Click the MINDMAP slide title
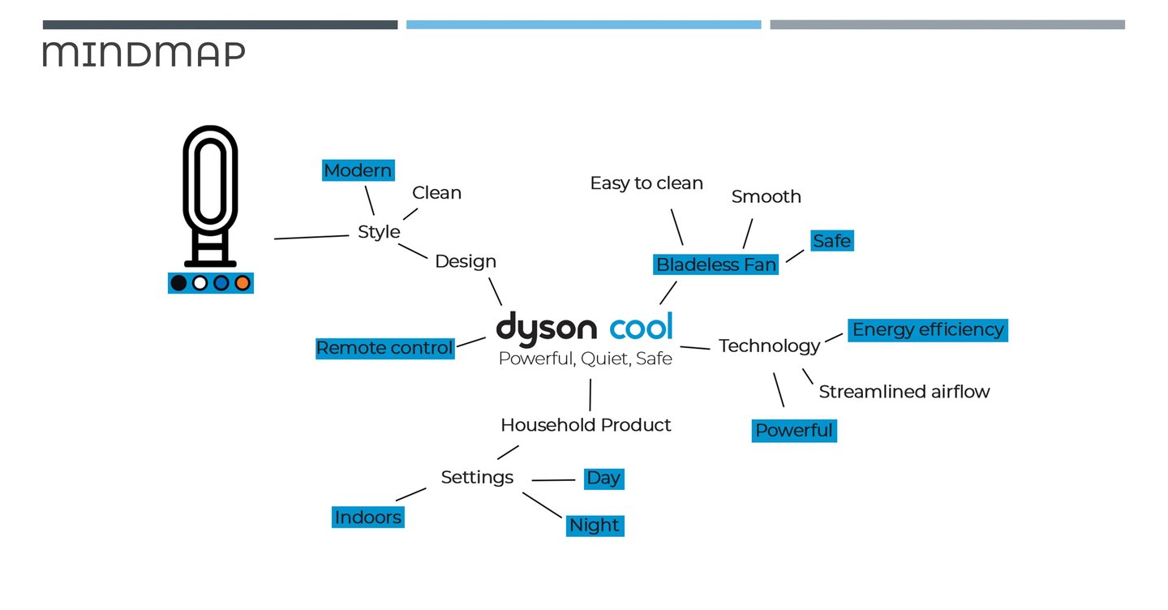pos(144,54)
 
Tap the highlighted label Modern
pos(358,170)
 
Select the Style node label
pos(379,232)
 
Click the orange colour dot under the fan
pos(241,283)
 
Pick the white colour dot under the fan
pos(200,283)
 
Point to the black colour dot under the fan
pos(179,283)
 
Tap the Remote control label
pos(384,348)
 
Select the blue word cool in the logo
pos(641,327)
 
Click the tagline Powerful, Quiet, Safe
pos(585,359)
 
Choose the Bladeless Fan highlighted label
pos(716,264)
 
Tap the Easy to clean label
pos(646,183)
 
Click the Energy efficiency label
pos(928,329)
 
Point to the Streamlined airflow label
pos(904,392)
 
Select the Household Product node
pos(586,425)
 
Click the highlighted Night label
pos(595,526)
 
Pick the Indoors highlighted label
pos(367,518)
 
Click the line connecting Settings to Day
pos(553,480)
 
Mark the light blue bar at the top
pos(583,25)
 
